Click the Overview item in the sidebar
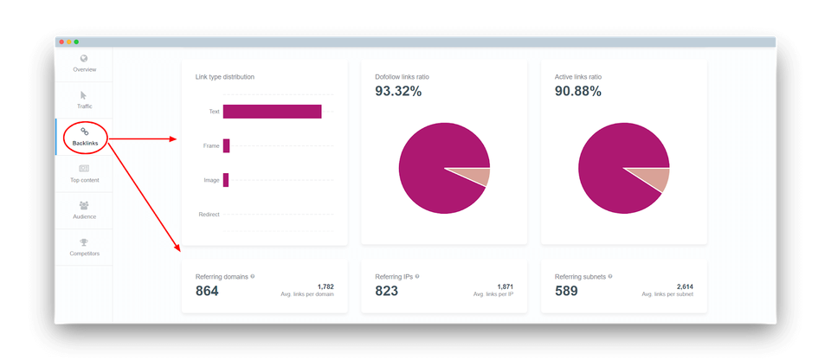point(84,63)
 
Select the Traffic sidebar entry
point(84,100)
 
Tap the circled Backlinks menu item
point(85,136)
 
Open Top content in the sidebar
point(84,173)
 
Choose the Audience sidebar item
point(84,210)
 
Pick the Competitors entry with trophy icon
point(84,247)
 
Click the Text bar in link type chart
point(272,112)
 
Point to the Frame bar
point(226,145)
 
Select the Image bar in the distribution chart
point(225,180)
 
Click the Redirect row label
point(209,214)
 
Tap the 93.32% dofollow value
point(398,91)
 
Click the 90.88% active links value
point(577,91)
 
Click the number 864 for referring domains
point(207,291)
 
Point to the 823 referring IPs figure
point(386,291)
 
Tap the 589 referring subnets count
point(566,291)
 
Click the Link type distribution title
point(224,77)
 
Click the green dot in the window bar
point(76,42)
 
